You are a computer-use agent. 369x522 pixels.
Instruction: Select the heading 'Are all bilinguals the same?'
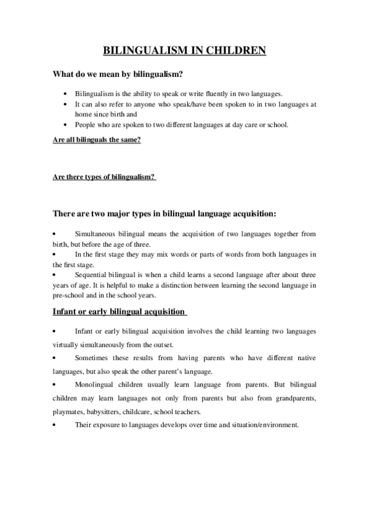tap(97, 140)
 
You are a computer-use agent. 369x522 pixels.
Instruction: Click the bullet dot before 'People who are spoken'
tap(66, 125)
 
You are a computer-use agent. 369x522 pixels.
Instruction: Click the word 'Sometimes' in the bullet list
tap(92, 358)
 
